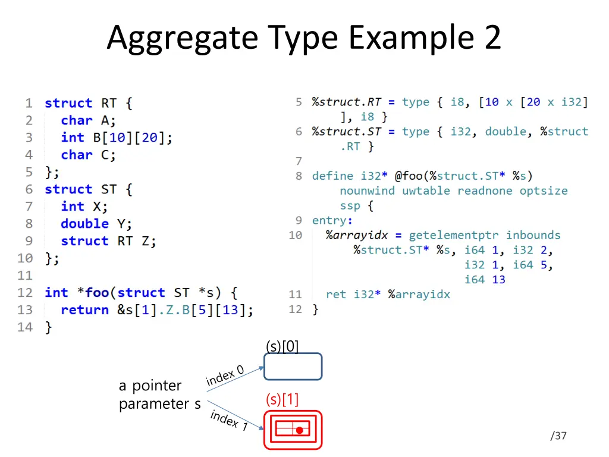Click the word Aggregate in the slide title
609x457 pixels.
[x=183, y=38]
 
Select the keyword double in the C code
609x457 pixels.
[x=84, y=224]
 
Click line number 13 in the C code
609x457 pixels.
[x=25, y=310]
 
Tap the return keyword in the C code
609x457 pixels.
[x=84, y=310]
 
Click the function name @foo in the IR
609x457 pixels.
[x=409, y=176]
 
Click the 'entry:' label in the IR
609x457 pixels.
[x=329, y=220]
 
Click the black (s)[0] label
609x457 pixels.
[x=282, y=346]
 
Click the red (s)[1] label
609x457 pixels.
[x=282, y=400]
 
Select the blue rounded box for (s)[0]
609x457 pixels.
[x=293, y=367]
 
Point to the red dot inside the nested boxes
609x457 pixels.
[x=300, y=430]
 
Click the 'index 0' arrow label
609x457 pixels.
[x=225, y=376]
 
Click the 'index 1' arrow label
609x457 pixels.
[x=229, y=420]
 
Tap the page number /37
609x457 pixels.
[x=558, y=436]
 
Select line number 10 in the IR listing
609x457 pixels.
[x=296, y=235]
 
